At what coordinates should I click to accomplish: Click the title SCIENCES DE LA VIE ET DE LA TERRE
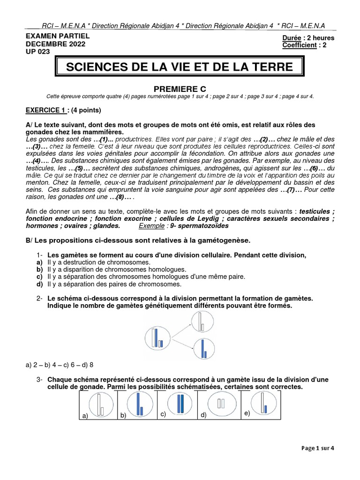pyautogui.click(x=180, y=67)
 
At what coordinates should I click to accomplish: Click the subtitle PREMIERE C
pyautogui.click(x=180, y=89)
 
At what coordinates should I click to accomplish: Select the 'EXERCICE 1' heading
pyautogui.click(x=45, y=111)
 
